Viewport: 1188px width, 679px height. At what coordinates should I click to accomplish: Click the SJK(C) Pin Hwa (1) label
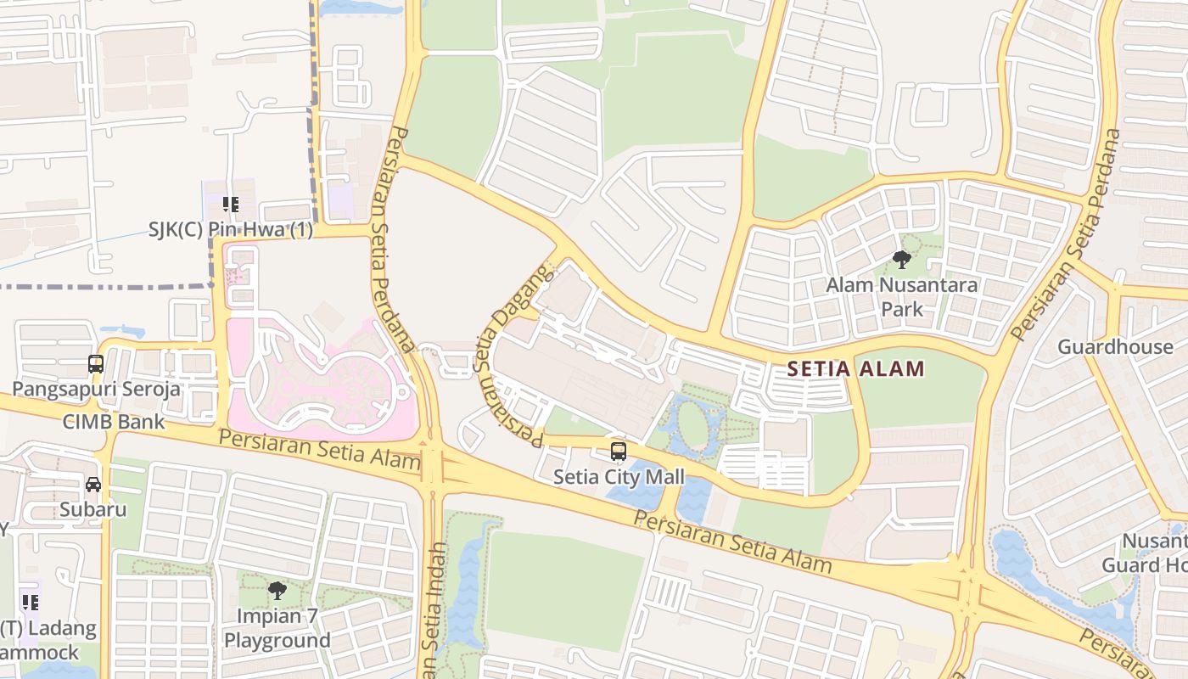[230, 230]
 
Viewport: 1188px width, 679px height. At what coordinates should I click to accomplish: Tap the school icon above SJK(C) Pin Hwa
[230, 205]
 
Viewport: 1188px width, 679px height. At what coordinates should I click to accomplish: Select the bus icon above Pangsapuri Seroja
[96, 364]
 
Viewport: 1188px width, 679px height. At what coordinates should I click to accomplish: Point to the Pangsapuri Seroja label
[96, 390]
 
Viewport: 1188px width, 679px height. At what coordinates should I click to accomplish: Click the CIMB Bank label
[114, 422]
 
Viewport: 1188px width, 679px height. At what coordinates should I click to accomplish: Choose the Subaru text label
[92, 510]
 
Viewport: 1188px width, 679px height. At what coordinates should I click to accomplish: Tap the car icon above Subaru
[92, 485]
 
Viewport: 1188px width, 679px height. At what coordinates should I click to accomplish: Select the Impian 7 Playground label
[277, 628]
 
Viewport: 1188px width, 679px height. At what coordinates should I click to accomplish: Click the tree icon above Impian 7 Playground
[277, 590]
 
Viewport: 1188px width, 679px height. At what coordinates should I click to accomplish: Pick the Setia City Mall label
[619, 477]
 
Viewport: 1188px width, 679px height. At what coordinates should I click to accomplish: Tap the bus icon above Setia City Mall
[619, 452]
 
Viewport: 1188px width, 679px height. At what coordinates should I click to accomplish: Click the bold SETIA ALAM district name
[855, 369]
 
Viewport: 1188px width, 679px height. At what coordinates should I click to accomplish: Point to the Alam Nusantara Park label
[901, 296]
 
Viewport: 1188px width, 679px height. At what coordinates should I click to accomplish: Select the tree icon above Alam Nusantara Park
[901, 260]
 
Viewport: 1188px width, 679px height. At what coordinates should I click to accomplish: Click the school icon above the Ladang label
[31, 603]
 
